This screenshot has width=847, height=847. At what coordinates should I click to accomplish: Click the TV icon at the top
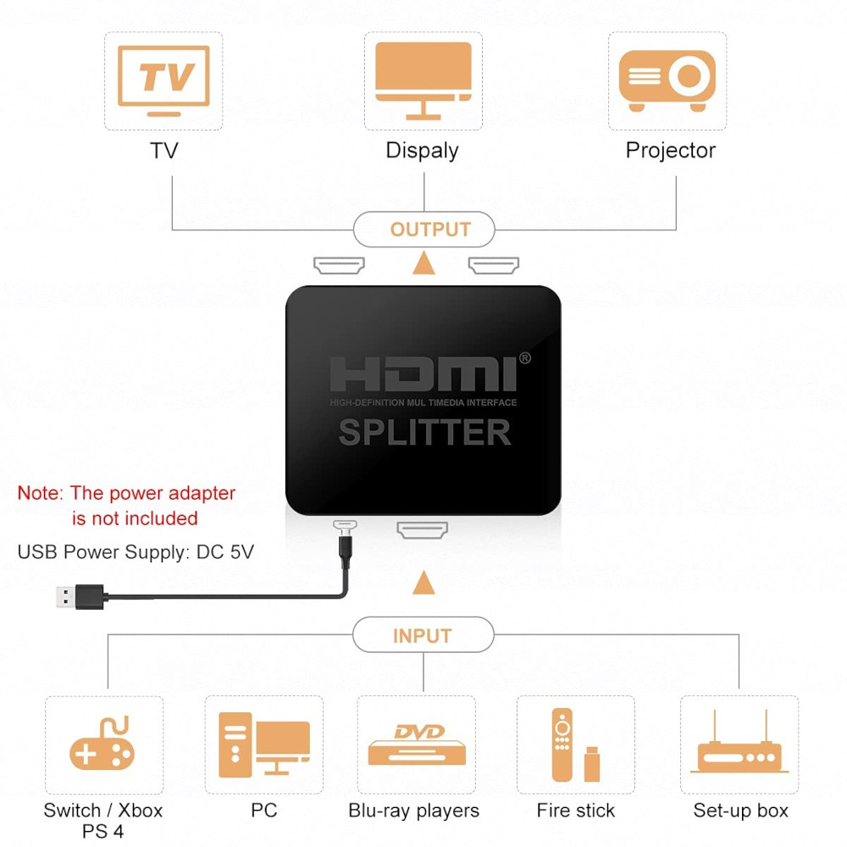coord(163,80)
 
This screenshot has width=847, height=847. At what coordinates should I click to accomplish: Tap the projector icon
coord(667,80)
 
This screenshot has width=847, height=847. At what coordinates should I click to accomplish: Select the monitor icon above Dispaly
coord(423,79)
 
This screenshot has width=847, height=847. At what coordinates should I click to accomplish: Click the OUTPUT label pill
coord(423,230)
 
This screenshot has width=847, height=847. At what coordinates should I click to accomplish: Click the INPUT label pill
coord(423,635)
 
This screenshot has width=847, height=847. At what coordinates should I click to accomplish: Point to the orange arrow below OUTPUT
coord(423,263)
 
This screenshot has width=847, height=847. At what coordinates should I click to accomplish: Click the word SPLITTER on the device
coord(424,432)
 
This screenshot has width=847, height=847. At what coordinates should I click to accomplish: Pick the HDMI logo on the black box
coord(423,374)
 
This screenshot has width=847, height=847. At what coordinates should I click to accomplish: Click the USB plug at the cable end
coord(76,596)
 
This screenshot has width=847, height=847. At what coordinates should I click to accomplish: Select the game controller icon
coord(102,745)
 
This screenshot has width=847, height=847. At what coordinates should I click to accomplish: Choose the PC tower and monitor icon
coord(263,745)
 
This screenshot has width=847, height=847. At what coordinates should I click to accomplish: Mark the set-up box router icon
coord(739,746)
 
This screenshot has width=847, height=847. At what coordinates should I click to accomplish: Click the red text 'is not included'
coord(135,518)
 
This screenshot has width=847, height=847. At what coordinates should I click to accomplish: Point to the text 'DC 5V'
coord(225,552)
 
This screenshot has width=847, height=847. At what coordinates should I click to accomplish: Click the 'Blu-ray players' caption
coord(414,811)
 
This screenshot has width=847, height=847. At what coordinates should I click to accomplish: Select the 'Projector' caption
coord(670,151)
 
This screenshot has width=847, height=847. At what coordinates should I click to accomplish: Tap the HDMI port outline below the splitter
coord(422,531)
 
